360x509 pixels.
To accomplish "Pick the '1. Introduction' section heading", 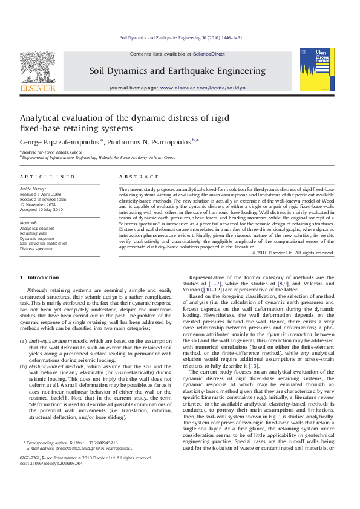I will [x=39, y=277].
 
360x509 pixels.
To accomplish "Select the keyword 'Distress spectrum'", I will [x=37, y=248].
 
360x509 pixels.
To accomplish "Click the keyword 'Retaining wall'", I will [x=34, y=233].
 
